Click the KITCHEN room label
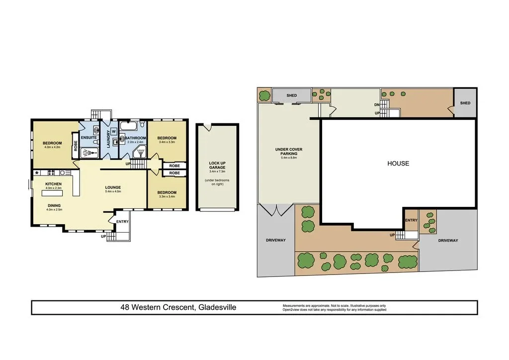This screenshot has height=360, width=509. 54,184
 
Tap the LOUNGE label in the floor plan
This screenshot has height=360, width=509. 113,187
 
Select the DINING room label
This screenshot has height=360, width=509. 54,205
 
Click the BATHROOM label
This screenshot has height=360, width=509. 135,138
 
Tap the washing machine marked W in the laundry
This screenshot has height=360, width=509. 113,132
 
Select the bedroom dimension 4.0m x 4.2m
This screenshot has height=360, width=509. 52,147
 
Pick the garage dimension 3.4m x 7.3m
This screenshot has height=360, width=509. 217,172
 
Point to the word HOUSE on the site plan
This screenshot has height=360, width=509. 398,163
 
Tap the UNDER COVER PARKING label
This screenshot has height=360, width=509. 288,152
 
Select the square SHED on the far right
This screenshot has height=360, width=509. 465,103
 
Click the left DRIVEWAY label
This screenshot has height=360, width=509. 276,240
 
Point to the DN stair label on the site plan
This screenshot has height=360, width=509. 377,105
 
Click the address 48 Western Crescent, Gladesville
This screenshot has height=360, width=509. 178,307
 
